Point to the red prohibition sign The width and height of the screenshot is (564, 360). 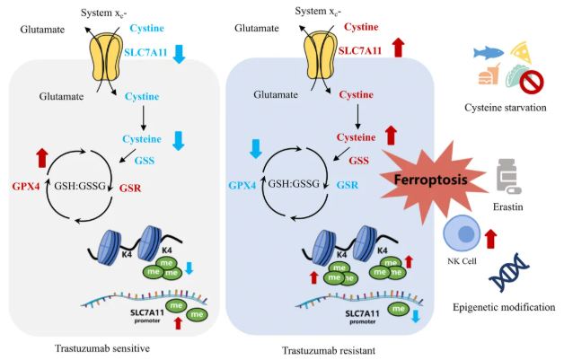[x=532, y=83]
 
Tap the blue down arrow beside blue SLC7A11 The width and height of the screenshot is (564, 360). [x=179, y=54]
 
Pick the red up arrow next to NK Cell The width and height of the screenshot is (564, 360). [x=491, y=238]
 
